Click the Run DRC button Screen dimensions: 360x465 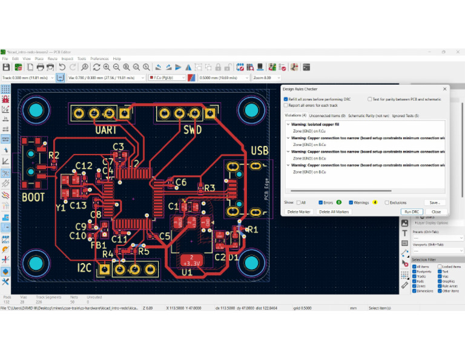(x=412, y=212)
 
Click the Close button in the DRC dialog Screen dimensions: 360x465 (x=436, y=212)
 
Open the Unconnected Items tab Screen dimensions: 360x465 (x=327, y=115)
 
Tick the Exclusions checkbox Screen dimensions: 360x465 (x=386, y=202)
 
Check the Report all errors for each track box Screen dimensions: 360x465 (x=286, y=105)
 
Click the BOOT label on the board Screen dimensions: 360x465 (x=33, y=197)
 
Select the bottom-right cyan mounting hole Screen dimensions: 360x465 (x=250, y=262)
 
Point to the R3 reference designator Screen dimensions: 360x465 (x=209, y=188)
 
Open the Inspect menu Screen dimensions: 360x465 (x=67, y=59)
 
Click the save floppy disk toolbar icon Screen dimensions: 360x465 (x=6, y=67)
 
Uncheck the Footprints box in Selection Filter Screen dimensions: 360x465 (x=415, y=272)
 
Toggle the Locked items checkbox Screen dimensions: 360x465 (x=439, y=267)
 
